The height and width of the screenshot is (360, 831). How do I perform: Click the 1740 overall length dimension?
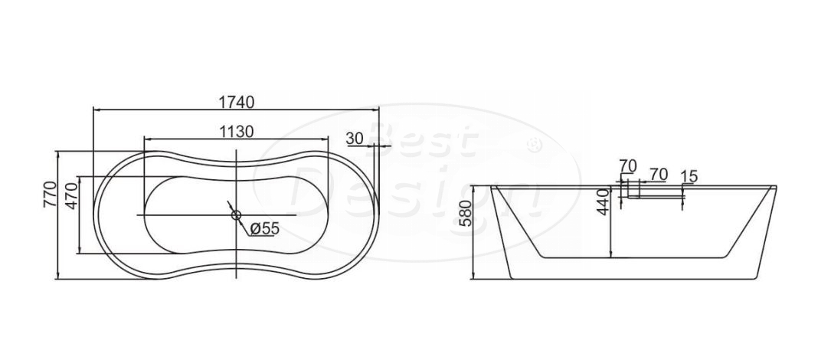237,101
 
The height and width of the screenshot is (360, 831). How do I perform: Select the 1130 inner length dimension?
237,131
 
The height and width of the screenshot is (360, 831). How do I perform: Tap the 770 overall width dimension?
50,194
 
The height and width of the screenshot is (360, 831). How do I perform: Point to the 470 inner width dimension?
72,195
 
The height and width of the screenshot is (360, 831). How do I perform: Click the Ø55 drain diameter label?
263,228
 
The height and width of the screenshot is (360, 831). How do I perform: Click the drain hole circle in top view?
236,214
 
